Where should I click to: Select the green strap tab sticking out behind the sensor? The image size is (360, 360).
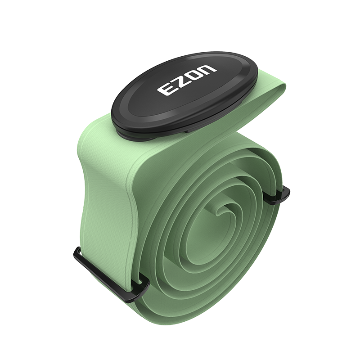click(274, 92)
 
